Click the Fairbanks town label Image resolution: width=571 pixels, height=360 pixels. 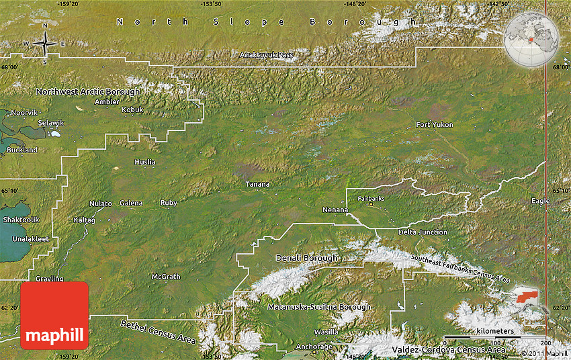click(371, 199)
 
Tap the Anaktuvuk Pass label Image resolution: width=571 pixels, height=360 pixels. click(267, 54)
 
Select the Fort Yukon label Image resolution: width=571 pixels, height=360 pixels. click(434, 125)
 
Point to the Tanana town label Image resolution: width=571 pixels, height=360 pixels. click(257, 184)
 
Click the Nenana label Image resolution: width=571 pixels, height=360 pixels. click(335, 210)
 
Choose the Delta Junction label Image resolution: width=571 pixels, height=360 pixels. click(423, 232)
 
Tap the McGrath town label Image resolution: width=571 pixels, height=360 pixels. click(165, 277)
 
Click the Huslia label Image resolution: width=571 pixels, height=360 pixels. click(144, 162)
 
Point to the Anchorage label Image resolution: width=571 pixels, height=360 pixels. click(314, 347)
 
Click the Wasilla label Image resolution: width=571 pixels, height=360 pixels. click(326, 332)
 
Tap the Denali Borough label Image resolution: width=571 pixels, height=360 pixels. click(306, 258)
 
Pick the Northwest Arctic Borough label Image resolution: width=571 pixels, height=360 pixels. click(88, 91)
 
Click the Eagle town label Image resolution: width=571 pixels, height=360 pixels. click(540, 201)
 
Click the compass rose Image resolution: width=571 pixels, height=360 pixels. click(45, 44)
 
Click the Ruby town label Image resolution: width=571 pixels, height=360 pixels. click(169, 203)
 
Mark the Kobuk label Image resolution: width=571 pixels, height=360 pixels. click(132, 109)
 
